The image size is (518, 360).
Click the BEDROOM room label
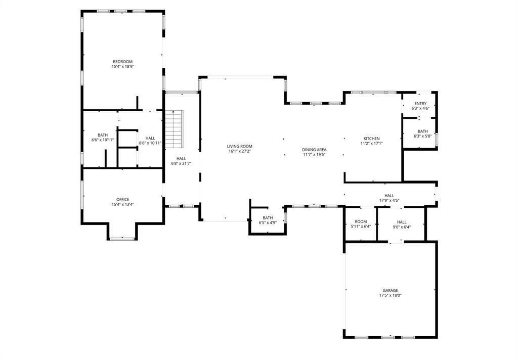tap(122, 62)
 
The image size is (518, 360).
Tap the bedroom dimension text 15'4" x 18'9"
tap(122, 67)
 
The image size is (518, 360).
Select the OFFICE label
tap(122, 199)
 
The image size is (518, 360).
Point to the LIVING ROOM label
tap(239, 146)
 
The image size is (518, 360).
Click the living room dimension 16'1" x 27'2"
tap(239, 151)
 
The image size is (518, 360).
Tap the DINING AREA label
tap(314, 150)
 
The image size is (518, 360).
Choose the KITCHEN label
tap(371, 139)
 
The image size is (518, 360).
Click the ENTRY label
tap(420, 104)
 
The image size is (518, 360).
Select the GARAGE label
tap(390, 291)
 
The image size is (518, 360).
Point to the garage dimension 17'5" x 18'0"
tap(390, 296)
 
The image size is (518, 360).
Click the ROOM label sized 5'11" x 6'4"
tap(361, 222)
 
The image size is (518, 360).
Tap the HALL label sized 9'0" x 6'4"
tap(401, 222)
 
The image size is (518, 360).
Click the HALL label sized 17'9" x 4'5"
tap(389, 196)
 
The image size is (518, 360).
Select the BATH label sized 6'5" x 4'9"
tap(268, 218)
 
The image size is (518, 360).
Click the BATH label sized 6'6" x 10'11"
tap(103, 135)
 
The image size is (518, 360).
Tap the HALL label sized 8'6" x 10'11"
tap(150, 138)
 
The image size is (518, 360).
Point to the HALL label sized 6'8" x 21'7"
tap(181, 159)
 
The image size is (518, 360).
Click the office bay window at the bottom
tap(122, 239)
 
